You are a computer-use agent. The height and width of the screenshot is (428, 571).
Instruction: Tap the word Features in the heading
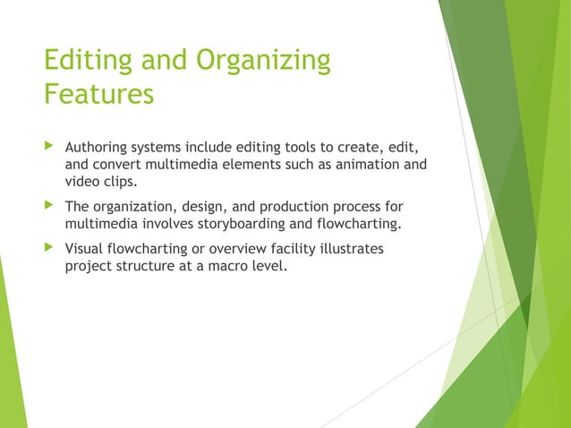point(98,93)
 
